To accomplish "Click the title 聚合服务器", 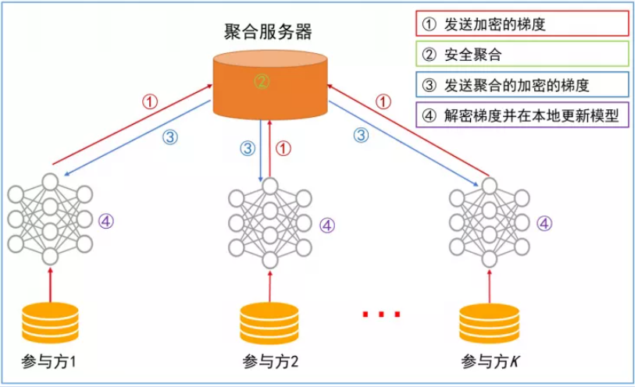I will point(268,32).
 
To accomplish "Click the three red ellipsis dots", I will point(382,314).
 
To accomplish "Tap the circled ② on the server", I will point(262,80).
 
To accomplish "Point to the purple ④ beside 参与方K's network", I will point(545,223).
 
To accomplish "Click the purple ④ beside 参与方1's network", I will point(107,221).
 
